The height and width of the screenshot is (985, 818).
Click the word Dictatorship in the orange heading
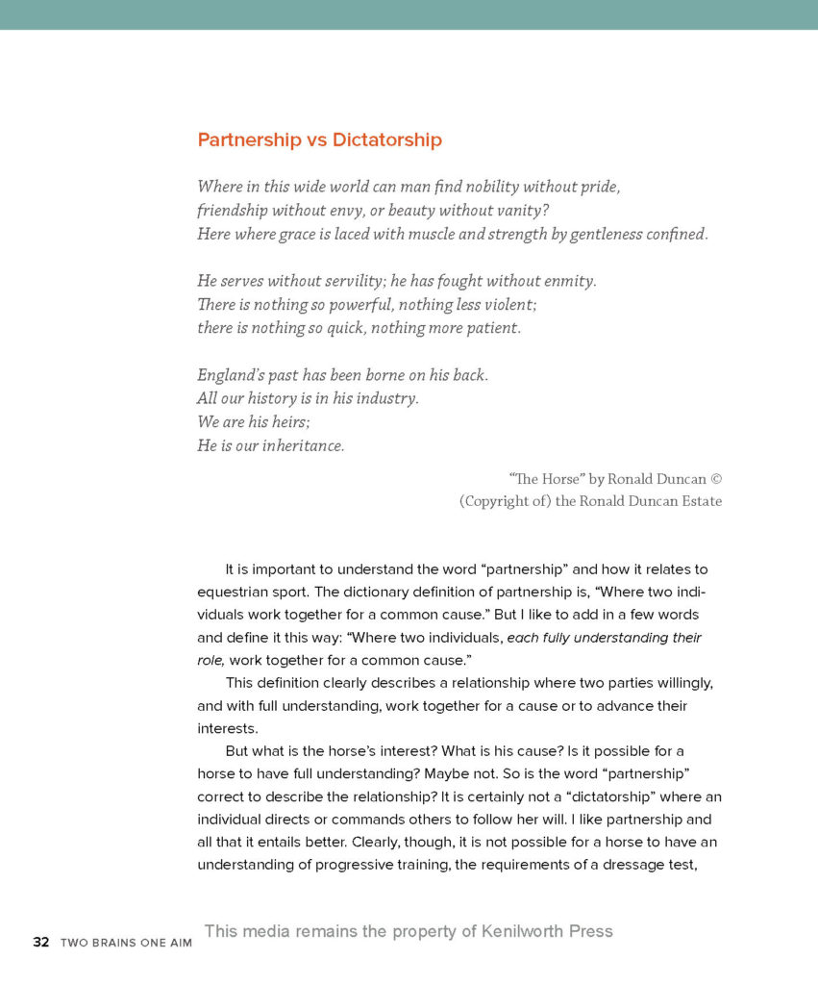pos(387,139)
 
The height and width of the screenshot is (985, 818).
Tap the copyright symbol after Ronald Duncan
pos(715,478)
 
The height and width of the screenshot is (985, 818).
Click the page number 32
pos(40,942)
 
